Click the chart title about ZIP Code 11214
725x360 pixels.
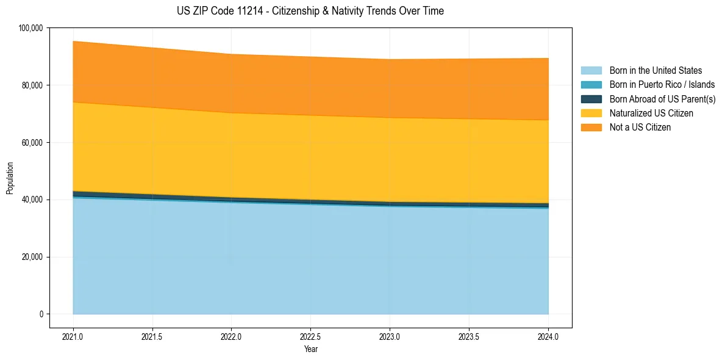point(310,11)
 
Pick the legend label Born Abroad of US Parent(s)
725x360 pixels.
point(662,99)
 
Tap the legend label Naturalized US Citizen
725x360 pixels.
point(651,113)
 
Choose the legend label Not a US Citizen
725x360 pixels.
point(640,128)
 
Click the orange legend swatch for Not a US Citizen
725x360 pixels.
point(591,128)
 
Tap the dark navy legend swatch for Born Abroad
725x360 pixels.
point(591,99)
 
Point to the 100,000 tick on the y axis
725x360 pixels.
point(31,28)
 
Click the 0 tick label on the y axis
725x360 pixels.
point(41,314)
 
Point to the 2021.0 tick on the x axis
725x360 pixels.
point(73,336)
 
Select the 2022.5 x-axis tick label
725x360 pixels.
point(310,336)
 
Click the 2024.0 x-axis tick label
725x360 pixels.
point(548,336)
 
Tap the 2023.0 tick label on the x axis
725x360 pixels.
point(390,336)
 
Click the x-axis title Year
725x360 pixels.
point(310,350)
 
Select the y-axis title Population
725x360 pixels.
point(10,178)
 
